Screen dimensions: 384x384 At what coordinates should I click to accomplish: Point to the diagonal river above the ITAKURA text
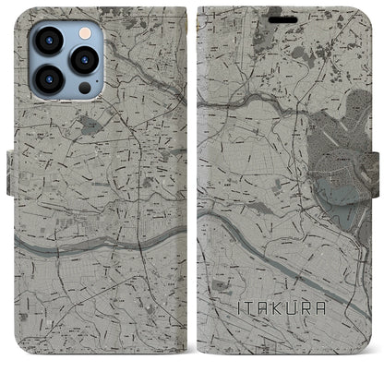coord(277,254)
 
